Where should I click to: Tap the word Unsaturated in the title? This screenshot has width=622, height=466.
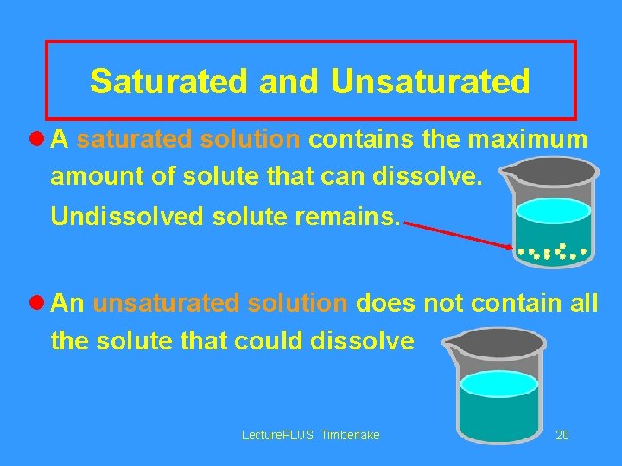pos(429,82)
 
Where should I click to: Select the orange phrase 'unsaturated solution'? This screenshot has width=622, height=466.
pos(219,304)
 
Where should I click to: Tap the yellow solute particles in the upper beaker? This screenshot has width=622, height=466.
pos(553,252)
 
